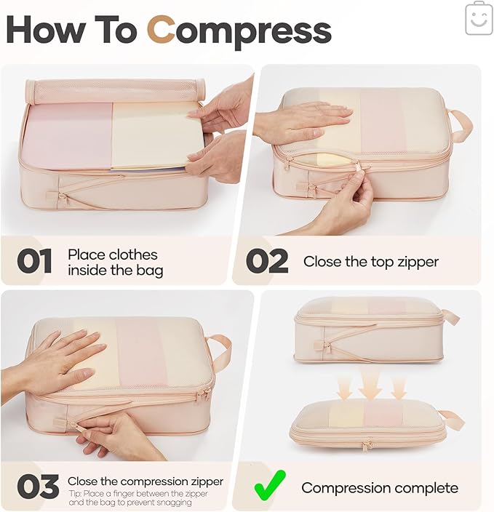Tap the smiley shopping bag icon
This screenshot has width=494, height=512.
pyautogui.click(x=479, y=18)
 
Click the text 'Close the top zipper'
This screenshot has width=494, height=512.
pyautogui.click(x=370, y=262)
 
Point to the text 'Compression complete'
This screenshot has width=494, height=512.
pyautogui.click(x=380, y=487)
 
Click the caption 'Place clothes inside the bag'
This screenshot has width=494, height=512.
pyautogui.click(x=115, y=263)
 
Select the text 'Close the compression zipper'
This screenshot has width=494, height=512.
pyautogui.click(x=145, y=481)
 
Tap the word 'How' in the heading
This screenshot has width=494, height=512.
pyautogui.click(x=47, y=30)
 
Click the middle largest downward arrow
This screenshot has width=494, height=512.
pyautogui.click(x=370, y=383)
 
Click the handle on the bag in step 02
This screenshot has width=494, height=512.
pyautogui.click(x=460, y=124)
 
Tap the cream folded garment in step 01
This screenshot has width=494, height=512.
pyautogui.click(x=153, y=135)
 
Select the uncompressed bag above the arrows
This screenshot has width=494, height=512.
pyautogui.click(x=370, y=329)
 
